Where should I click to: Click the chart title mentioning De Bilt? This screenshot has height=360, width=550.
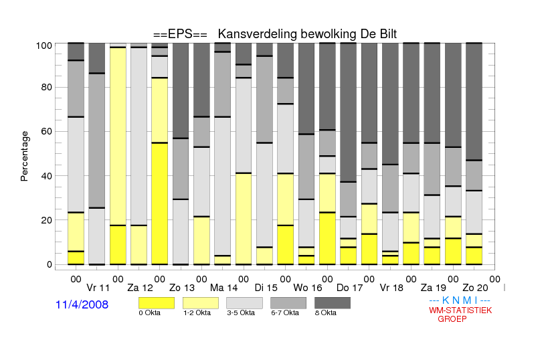[275, 34]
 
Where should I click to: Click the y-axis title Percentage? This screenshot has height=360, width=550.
[24, 156]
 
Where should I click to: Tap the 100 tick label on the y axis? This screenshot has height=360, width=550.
[44, 46]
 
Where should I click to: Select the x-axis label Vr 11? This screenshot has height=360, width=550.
[98, 288]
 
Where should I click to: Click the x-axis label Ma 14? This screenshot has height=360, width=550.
[223, 288]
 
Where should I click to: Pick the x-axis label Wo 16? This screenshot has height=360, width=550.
[308, 288]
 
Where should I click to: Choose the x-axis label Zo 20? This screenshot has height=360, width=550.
[475, 288]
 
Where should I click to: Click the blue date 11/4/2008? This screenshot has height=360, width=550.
[82, 304]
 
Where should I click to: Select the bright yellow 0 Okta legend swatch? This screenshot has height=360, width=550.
[157, 303]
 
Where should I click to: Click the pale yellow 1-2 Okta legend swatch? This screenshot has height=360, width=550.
[201, 303]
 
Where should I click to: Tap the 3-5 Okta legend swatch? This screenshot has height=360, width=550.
[244, 303]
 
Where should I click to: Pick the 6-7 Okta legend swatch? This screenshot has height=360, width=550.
[288, 303]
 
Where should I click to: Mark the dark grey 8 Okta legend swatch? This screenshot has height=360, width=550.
[333, 303]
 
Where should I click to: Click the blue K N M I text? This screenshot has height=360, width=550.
[460, 300]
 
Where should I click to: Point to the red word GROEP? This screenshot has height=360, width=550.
[452, 319]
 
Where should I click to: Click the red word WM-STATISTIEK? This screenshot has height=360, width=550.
[460, 310]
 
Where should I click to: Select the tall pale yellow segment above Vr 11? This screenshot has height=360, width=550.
[118, 136]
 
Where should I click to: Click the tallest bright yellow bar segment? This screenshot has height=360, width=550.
[160, 203]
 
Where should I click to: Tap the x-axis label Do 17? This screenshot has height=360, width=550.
[349, 288]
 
